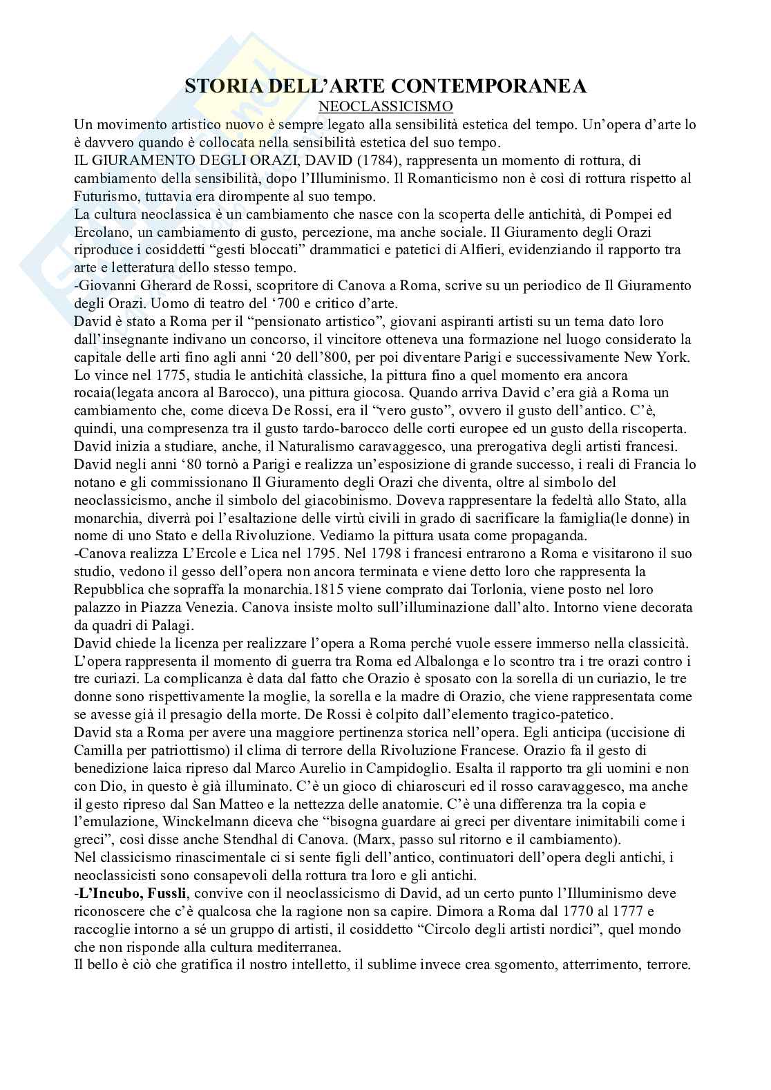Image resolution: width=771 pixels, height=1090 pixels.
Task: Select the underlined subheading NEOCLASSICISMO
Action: point(386,106)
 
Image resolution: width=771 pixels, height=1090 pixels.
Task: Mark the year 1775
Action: point(166,375)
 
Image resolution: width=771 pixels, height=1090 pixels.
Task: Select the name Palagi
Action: point(161,625)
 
